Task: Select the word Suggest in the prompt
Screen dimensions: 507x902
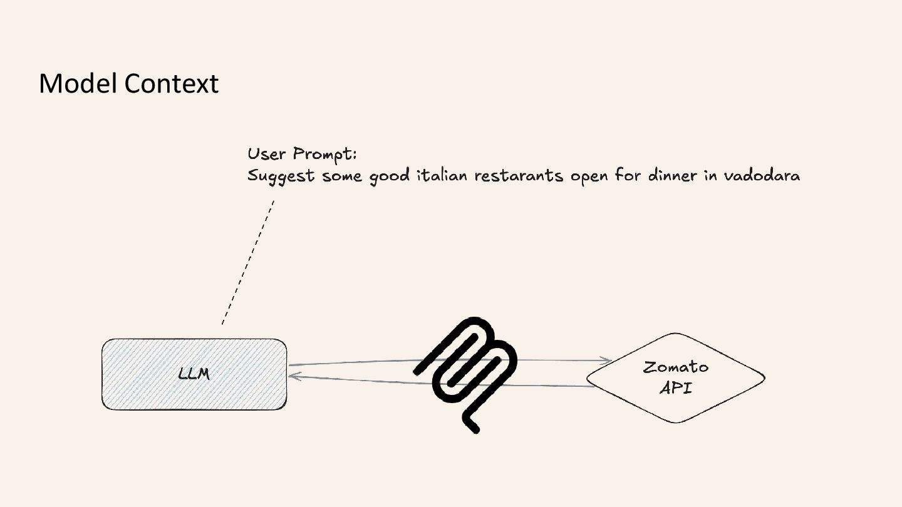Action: (x=281, y=177)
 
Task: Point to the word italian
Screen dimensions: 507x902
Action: (x=442, y=175)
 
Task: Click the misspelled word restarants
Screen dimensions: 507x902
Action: (x=519, y=175)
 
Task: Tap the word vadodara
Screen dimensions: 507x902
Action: (x=762, y=175)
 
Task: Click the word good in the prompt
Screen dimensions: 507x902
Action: (x=390, y=177)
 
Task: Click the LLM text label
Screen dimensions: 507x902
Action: (x=194, y=374)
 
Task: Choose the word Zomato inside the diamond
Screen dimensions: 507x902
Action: (x=676, y=367)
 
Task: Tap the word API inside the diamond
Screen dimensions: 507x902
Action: (x=676, y=387)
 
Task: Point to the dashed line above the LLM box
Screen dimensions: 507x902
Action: (x=248, y=263)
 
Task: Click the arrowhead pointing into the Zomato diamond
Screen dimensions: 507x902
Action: (x=607, y=361)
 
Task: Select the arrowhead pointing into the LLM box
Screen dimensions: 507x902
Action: (x=294, y=376)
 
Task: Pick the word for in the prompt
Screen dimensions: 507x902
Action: (x=628, y=175)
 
